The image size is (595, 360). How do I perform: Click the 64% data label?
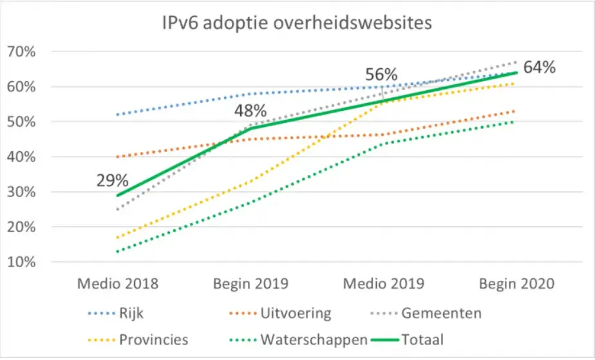pos(538,67)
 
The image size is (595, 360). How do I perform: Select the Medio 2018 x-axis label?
pos(117,283)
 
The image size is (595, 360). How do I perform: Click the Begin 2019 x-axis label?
pos(250,283)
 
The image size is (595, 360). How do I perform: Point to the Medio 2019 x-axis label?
pos(384,283)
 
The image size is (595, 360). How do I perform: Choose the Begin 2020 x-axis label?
pos(516,283)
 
